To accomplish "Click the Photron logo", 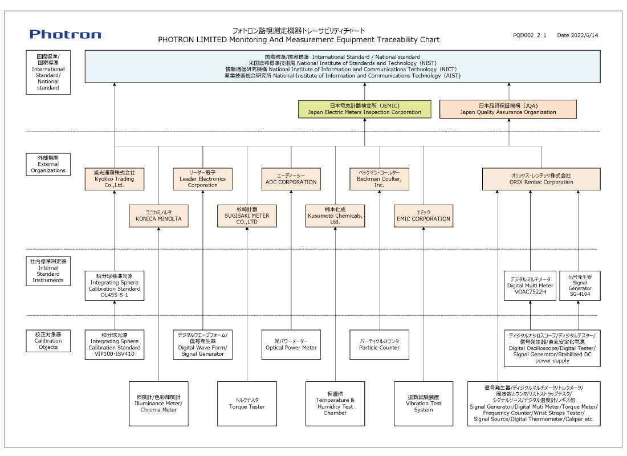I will tap(66, 34).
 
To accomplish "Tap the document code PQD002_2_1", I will tap(530, 35).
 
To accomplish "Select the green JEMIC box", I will tap(365, 109).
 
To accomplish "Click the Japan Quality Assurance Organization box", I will tap(508, 109).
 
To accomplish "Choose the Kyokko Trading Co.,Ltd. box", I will tap(115, 179).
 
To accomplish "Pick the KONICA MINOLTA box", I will tap(158, 215).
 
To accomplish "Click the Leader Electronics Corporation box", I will tap(203, 179).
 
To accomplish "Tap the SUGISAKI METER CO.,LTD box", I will tap(247, 215).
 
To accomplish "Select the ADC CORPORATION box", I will tap(291, 179).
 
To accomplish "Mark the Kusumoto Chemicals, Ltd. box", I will tap(335, 215).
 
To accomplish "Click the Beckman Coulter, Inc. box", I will tap(379, 179).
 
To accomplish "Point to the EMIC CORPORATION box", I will tap(424, 215).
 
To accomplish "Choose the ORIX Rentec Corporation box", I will tap(541, 179).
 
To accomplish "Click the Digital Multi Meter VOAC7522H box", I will tap(530, 286).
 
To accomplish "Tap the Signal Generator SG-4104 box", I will tap(580, 286).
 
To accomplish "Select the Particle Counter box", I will tap(379, 344).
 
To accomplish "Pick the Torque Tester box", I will tap(247, 404).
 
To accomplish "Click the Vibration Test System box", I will tap(424, 404).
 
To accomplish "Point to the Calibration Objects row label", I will tap(48, 341).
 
